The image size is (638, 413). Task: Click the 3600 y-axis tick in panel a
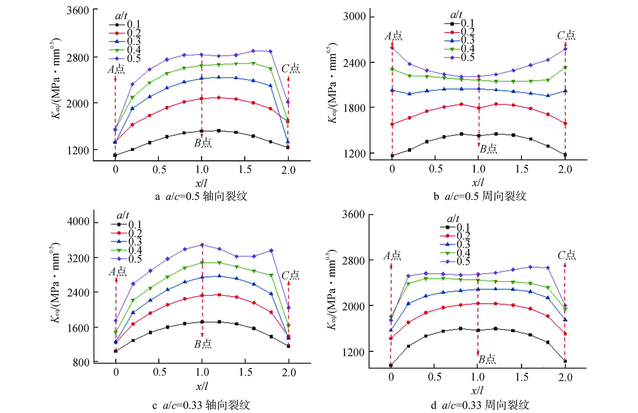click(78, 11)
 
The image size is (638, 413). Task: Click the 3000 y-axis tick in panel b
click(354, 17)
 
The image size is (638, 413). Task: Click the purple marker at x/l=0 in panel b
click(392, 48)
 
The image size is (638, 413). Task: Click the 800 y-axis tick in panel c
click(81, 363)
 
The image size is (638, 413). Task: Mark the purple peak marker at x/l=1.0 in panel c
click(202, 245)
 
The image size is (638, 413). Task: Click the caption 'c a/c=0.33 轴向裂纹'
click(201, 405)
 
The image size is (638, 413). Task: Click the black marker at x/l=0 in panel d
click(391, 365)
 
